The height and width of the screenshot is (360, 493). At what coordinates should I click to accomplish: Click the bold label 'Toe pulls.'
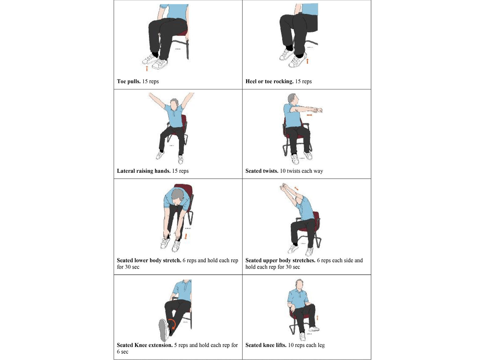click(129, 81)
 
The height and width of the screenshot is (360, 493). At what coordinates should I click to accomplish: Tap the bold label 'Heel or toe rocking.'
click(269, 81)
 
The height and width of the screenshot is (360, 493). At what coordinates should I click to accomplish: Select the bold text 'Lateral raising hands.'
click(144, 171)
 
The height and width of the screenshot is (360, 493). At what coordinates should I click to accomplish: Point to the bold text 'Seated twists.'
click(262, 171)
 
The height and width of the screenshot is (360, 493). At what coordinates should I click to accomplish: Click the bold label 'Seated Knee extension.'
click(144, 345)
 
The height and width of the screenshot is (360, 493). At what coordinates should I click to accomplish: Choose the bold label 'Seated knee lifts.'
click(266, 345)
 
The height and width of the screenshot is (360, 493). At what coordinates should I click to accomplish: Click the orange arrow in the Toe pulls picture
click(147, 68)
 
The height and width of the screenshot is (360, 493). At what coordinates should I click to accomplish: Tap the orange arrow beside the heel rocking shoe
click(307, 61)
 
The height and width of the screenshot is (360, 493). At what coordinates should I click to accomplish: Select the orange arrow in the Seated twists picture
click(309, 115)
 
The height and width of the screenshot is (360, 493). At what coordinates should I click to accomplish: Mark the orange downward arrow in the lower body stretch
click(186, 237)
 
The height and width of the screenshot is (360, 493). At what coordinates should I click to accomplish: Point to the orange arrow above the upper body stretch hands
click(296, 188)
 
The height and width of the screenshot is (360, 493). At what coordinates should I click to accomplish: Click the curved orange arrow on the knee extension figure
click(172, 324)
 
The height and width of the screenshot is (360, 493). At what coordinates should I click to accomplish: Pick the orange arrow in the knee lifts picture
click(317, 318)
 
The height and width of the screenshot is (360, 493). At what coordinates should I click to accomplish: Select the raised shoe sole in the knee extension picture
click(163, 330)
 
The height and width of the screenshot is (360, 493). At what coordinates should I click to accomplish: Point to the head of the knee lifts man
click(299, 284)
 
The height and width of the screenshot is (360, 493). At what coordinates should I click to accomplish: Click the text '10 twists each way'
click(301, 171)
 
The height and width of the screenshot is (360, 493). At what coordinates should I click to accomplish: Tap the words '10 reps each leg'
click(306, 345)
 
